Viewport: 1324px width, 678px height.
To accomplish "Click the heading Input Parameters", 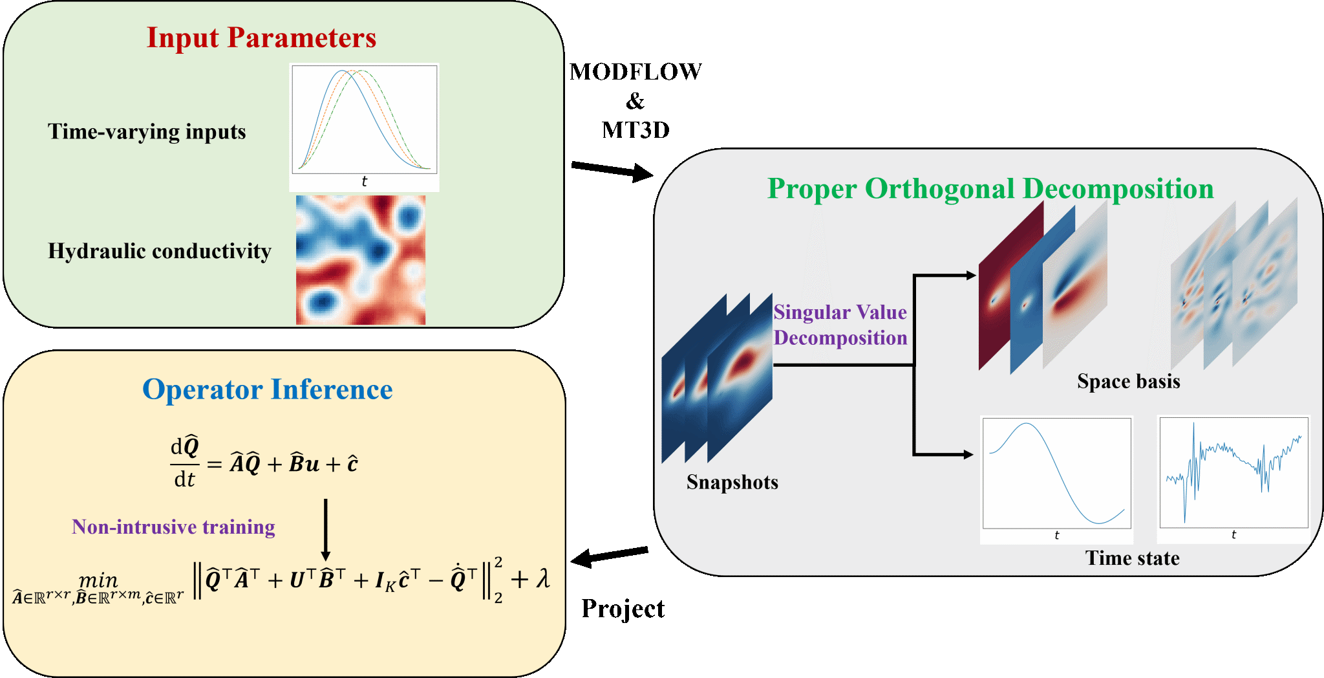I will (261, 38).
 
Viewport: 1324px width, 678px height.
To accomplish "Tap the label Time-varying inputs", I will (147, 132).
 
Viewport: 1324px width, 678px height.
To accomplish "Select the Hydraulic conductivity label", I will (159, 251).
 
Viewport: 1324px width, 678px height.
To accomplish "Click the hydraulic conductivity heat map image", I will (361, 259).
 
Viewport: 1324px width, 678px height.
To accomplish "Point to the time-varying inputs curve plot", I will (364, 123).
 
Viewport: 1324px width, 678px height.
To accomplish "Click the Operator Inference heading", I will (267, 389).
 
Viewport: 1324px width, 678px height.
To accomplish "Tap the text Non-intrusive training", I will (173, 527).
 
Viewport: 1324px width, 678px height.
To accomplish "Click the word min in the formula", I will (98, 580).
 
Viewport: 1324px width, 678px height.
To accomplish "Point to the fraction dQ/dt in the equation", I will (185, 462).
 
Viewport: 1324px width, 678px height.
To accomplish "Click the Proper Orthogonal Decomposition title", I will (990, 189).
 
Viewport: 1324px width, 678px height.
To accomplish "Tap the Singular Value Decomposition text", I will (840, 325).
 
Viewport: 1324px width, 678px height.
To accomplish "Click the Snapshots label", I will (732, 483).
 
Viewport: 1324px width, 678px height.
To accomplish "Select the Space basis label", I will (1128, 382).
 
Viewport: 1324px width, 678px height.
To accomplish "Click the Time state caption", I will (1132, 558).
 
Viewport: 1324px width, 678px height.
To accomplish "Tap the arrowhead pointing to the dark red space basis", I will (970, 276).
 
